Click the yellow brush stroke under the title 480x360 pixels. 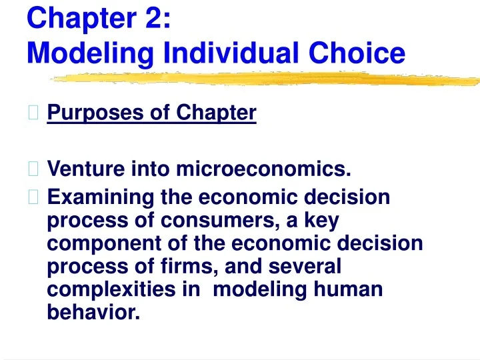coord(267,79)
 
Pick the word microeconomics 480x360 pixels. coord(263,171)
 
